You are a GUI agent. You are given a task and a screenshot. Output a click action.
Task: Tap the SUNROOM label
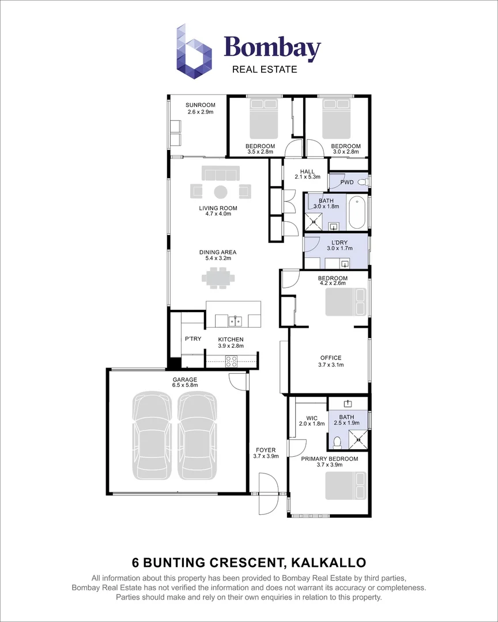(200, 105)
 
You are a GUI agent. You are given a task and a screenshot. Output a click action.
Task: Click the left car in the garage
(153, 435)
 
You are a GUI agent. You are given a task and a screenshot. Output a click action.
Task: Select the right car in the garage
(197, 435)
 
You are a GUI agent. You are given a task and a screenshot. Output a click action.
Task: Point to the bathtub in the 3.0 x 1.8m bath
(357, 213)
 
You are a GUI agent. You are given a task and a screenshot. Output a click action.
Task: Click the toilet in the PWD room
(363, 182)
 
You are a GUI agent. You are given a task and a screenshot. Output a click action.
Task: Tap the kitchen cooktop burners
(231, 361)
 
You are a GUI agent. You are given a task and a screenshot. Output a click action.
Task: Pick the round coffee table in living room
(221, 191)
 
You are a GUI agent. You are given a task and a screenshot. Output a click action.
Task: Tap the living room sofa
(220, 173)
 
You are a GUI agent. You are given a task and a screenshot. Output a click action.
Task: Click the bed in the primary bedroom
(345, 486)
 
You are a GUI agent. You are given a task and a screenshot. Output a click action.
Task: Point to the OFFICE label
(330, 358)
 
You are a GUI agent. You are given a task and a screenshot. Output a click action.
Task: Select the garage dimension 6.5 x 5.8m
(185, 385)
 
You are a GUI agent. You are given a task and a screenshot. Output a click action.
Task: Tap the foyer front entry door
(269, 494)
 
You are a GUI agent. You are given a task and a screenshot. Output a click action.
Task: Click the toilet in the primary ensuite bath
(338, 442)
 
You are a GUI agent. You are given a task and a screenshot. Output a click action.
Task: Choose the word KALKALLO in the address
(329, 562)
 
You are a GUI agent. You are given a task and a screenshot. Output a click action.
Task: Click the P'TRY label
(193, 339)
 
